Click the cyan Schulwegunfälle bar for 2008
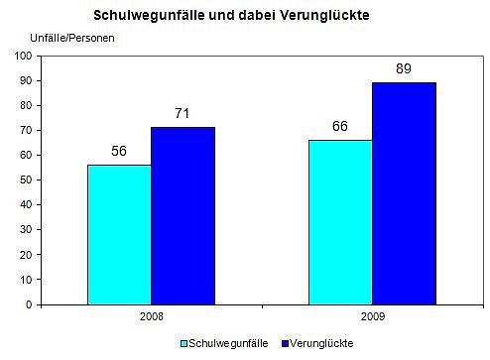point(119,234)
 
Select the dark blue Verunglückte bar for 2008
point(183,215)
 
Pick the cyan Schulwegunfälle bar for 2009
point(340,222)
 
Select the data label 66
point(340,128)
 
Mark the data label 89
point(404,70)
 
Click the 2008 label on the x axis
point(151,318)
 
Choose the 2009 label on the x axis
point(372,318)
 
